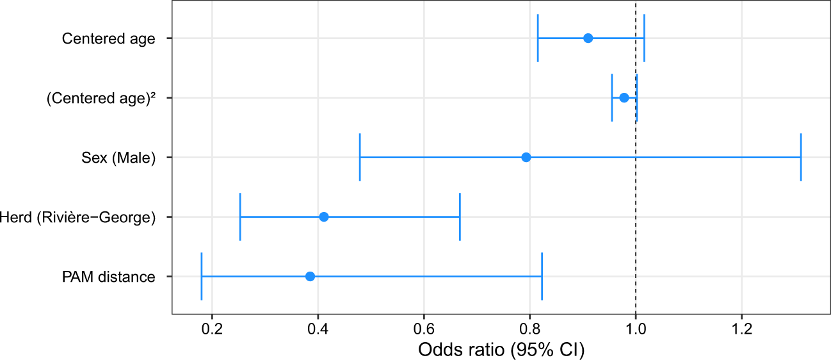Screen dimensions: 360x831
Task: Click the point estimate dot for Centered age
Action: (588, 38)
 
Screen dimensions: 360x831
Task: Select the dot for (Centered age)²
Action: (624, 98)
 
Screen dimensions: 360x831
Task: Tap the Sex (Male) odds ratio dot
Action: (526, 158)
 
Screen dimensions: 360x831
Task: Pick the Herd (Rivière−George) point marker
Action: (324, 217)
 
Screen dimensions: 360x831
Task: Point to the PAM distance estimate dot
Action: (311, 277)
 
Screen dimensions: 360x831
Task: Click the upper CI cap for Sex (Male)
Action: (801, 158)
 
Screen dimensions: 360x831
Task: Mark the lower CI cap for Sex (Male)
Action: (360, 158)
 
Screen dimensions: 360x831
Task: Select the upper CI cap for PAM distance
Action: (542, 277)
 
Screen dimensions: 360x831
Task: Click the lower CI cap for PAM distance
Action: (202, 277)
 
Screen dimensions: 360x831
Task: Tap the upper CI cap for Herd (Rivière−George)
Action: (460, 217)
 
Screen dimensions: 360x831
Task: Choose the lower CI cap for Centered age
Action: (538, 38)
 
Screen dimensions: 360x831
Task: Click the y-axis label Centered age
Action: (108, 39)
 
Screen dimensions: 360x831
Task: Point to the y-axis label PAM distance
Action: (108, 277)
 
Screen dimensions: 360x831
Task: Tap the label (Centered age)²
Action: (101, 99)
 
